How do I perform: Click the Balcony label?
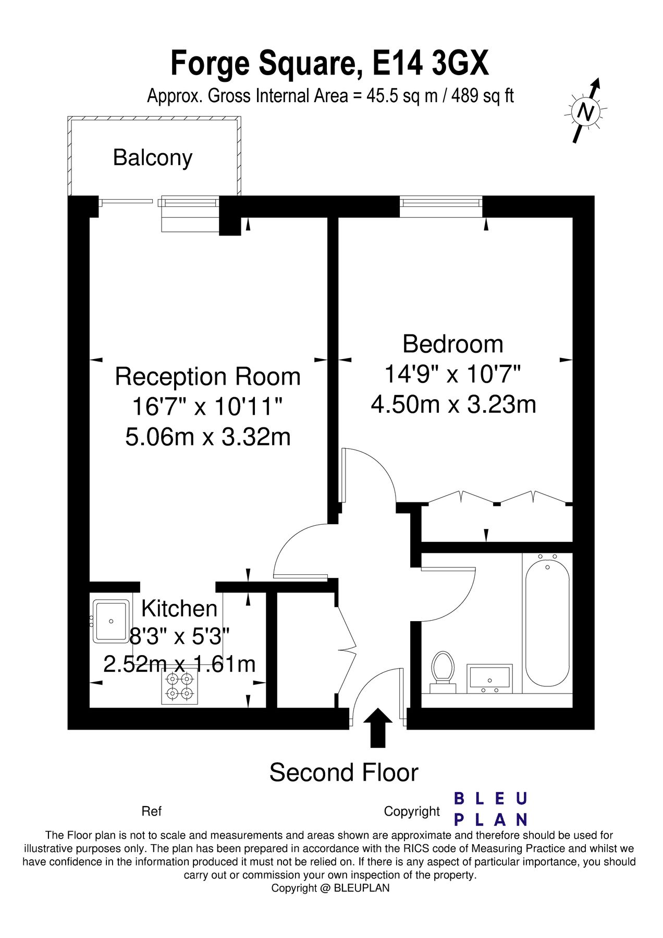coord(153,157)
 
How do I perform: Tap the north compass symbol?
coord(586,111)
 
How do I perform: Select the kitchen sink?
coord(110,621)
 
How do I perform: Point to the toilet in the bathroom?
coord(443,668)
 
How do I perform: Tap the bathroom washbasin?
coord(489,678)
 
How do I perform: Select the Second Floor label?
coord(343,772)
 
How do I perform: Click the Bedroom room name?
coord(453,344)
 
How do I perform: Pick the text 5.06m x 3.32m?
coord(208,437)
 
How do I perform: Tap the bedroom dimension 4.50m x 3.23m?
coord(453,404)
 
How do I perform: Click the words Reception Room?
coord(208,376)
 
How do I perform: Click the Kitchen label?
coord(179,609)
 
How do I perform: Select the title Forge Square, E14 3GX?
coord(330,64)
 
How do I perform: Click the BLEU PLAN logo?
coord(490,809)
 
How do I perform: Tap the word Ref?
coord(151,811)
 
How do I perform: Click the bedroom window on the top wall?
coord(441,206)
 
